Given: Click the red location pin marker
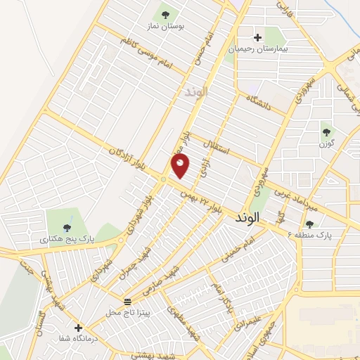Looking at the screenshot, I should [180, 166].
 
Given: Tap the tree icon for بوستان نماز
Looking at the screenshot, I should [165, 13].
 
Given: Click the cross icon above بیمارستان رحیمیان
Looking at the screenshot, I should [257, 37].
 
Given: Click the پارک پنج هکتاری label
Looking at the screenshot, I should [68, 239].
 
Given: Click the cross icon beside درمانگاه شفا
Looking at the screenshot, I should [77, 328].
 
